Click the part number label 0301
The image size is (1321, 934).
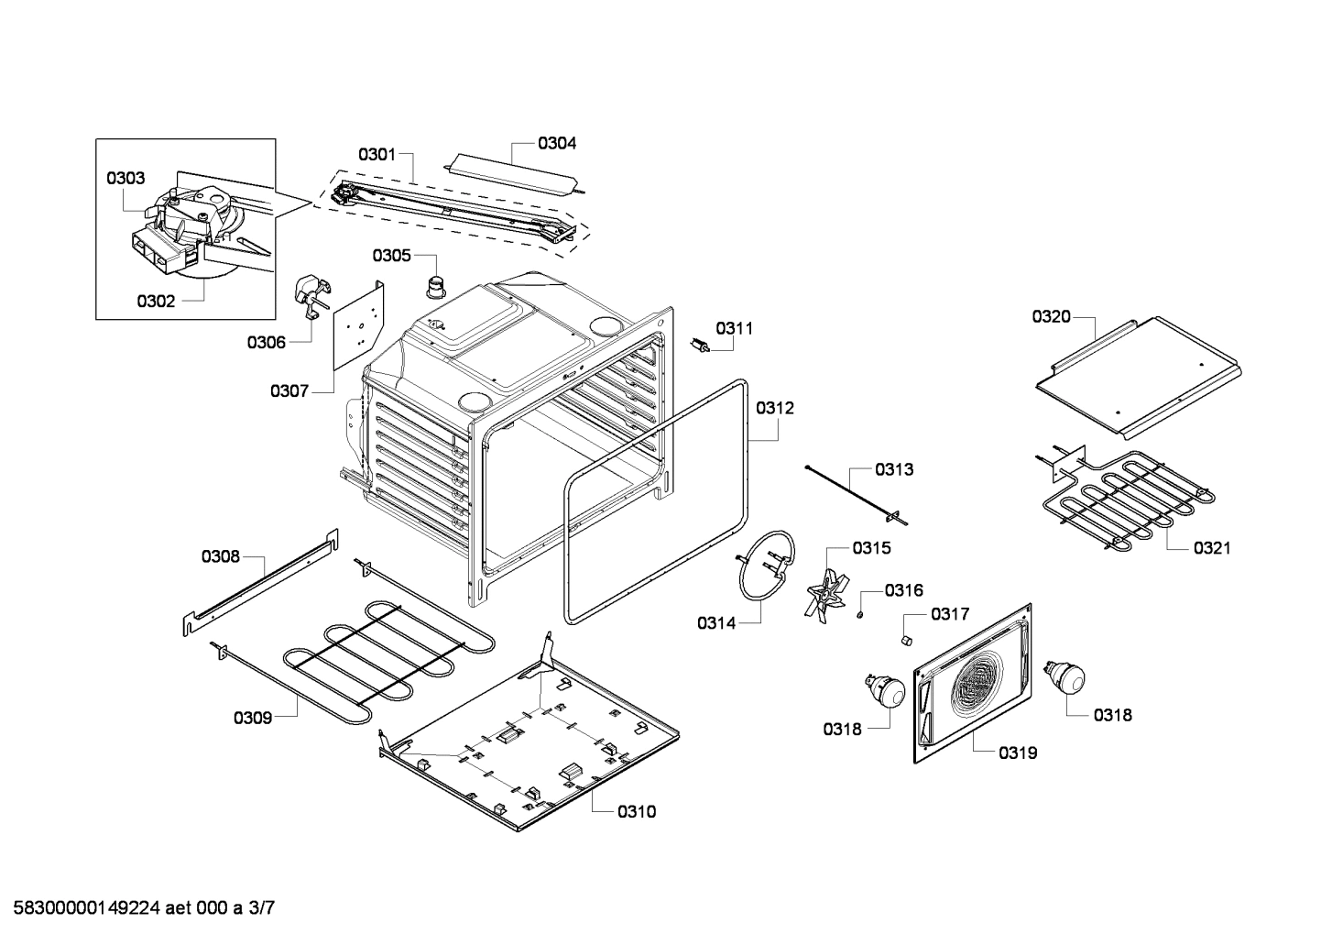pos(377,154)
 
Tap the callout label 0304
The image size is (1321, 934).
pos(557,143)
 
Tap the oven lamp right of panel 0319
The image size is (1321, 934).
pos(1064,678)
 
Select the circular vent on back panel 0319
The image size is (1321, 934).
pos(979,683)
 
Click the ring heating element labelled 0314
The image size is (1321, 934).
pos(768,566)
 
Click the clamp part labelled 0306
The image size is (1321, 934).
pos(310,298)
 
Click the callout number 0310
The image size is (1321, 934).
pos(636,811)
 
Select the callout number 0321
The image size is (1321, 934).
pos(1211,548)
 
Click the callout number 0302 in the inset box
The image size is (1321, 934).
pos(156,301)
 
